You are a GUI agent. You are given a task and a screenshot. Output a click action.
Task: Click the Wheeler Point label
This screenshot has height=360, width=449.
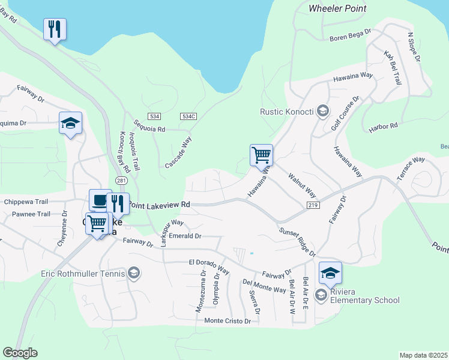point(337,8)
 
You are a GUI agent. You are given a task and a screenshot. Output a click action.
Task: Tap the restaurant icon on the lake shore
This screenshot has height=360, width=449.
point(55,29)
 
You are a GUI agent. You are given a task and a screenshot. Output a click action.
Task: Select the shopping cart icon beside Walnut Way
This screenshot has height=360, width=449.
point(262,155)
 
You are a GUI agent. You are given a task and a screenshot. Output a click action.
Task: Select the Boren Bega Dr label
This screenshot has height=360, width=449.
point(351,39)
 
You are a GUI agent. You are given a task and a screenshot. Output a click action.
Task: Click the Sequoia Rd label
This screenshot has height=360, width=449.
point(149,125)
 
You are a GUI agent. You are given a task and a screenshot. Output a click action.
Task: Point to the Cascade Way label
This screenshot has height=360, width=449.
point(178,153)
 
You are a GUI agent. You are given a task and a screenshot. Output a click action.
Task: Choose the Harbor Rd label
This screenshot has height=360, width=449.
point(385,126)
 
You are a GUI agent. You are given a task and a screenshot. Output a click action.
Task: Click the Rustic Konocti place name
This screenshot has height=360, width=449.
point(287,111)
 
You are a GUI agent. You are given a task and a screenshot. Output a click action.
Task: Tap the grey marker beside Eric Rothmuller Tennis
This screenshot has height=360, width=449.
point(134,274)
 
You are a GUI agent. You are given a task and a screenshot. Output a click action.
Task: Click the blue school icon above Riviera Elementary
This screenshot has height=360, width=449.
point(330,273)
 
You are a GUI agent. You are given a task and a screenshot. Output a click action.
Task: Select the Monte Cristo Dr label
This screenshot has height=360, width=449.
point(228,321)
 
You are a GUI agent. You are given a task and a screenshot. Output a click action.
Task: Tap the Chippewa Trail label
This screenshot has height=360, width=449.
point(25,202)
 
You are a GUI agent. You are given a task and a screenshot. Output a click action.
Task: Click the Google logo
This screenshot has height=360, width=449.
point(20,353)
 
